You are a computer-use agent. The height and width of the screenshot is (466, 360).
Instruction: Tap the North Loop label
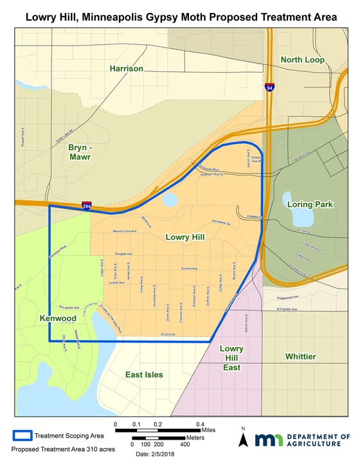coord(303,60)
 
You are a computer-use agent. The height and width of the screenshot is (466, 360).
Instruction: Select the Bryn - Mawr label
coord(81,152)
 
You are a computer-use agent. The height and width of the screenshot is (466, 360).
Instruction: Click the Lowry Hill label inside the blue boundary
coord(184,237)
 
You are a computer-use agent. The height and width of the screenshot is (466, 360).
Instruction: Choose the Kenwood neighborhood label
coord(57,318)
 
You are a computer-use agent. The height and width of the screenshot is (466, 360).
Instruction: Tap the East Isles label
coord(144,374)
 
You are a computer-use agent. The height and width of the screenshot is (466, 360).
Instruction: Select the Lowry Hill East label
coord(231,358)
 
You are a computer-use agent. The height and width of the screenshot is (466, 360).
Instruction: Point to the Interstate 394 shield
coord(86,206)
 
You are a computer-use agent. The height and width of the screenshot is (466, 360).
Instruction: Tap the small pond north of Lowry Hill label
coord(170,201)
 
